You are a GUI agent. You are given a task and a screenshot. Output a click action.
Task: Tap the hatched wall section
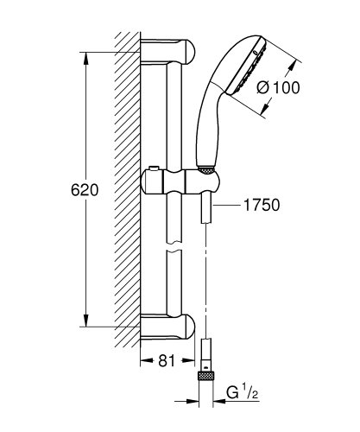[128, 190]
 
